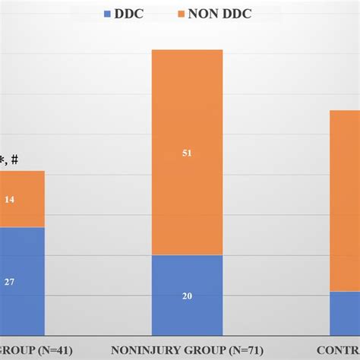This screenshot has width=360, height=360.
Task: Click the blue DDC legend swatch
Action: [107, 13]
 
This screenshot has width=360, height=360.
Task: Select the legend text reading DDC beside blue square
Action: [134, 13]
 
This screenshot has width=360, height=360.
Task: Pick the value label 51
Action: [187, 153]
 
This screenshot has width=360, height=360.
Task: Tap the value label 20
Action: [187, 295]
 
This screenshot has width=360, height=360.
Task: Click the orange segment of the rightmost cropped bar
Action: [344, 197]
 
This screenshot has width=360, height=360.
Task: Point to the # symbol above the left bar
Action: [14, 159]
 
